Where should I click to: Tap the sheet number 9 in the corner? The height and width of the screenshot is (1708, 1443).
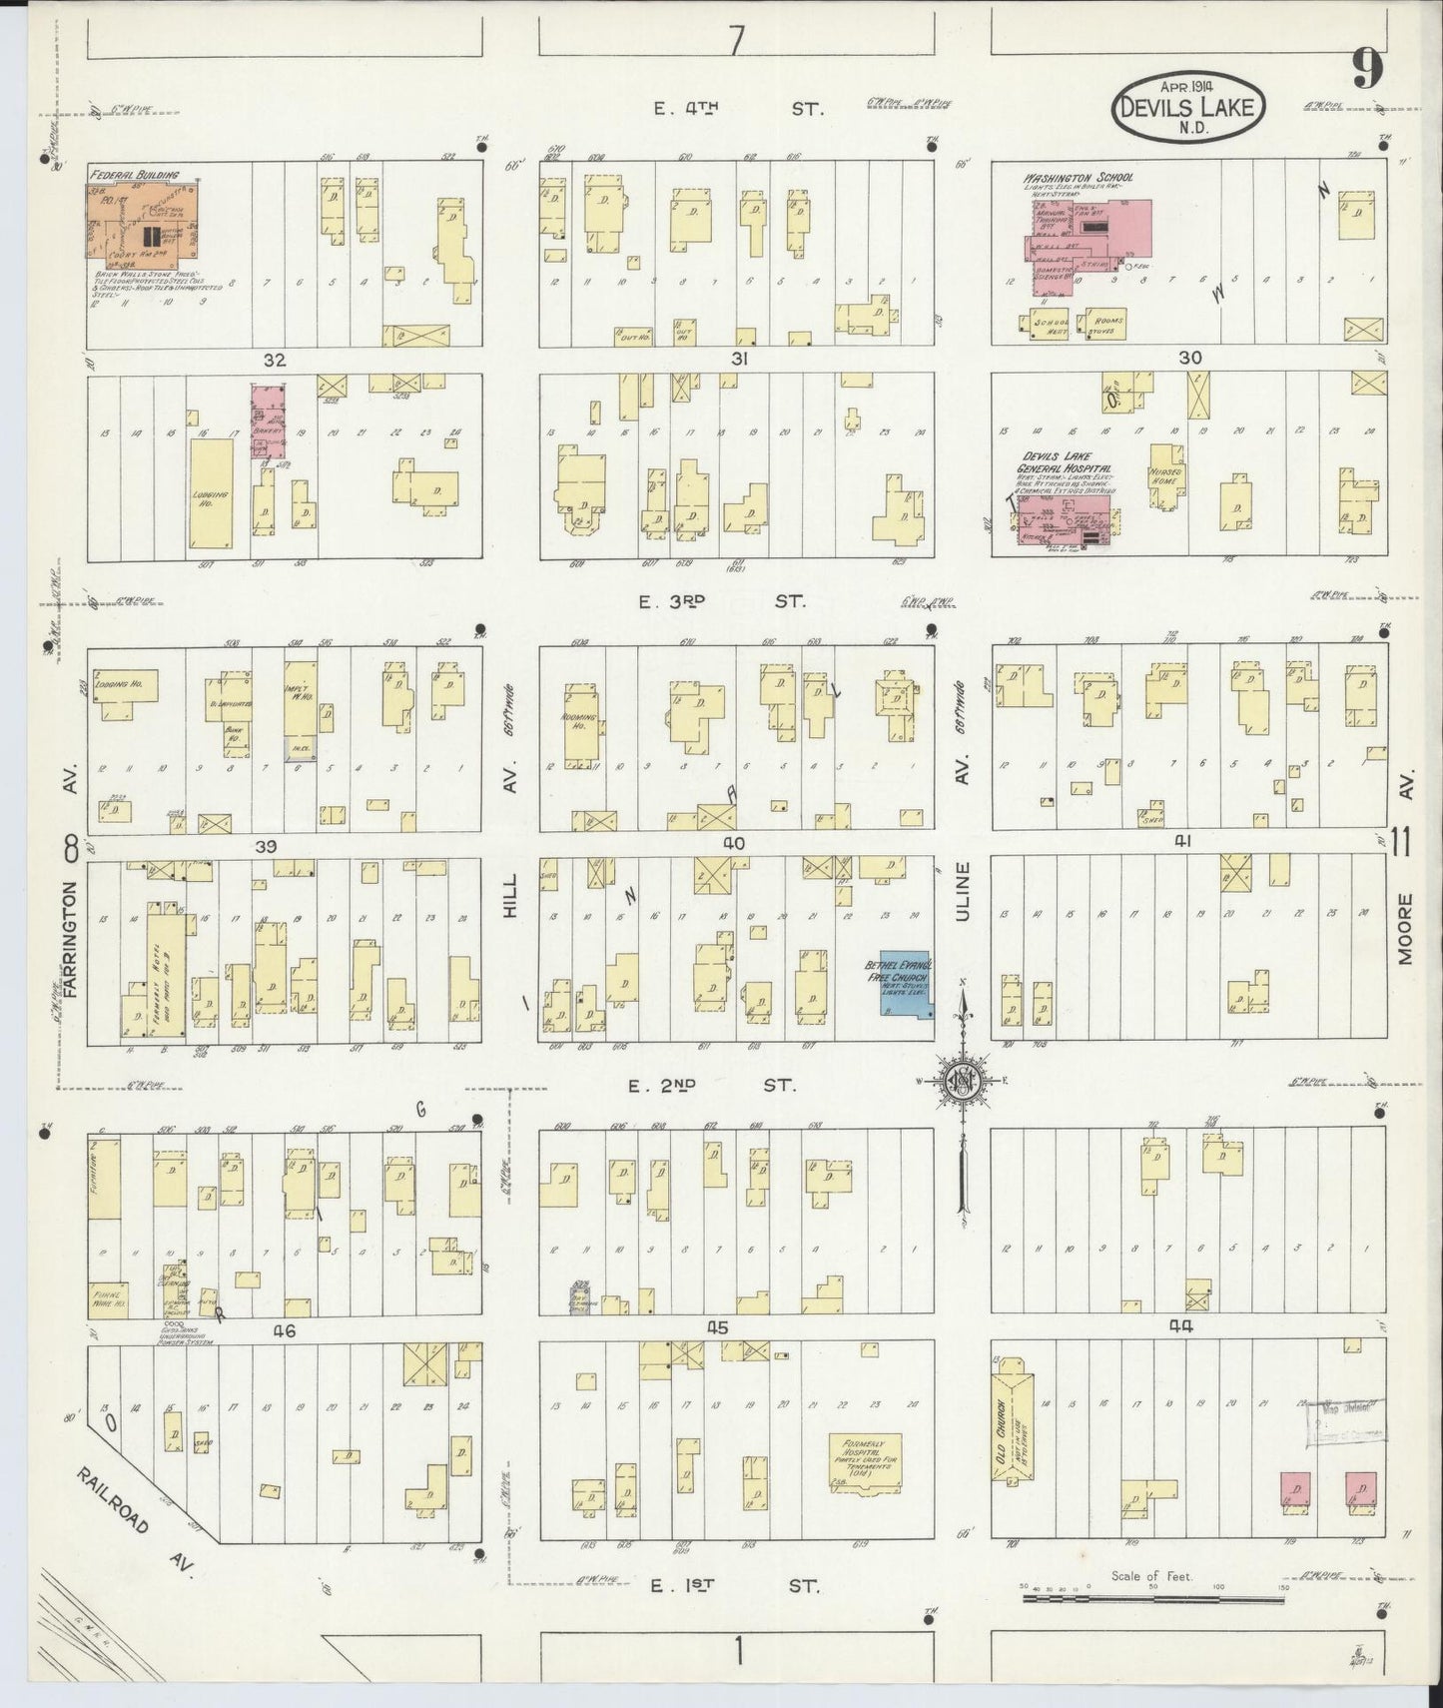tap(1367, 68)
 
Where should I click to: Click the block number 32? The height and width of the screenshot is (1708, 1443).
tap(274, 360)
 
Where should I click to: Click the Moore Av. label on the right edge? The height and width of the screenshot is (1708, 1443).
tap(1404, 929)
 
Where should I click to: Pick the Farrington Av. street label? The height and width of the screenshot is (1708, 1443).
tap(71, 937)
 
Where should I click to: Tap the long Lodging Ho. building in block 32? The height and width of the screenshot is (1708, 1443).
tap(211, 493)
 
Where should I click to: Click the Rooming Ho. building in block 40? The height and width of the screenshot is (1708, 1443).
tap(579, 725)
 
